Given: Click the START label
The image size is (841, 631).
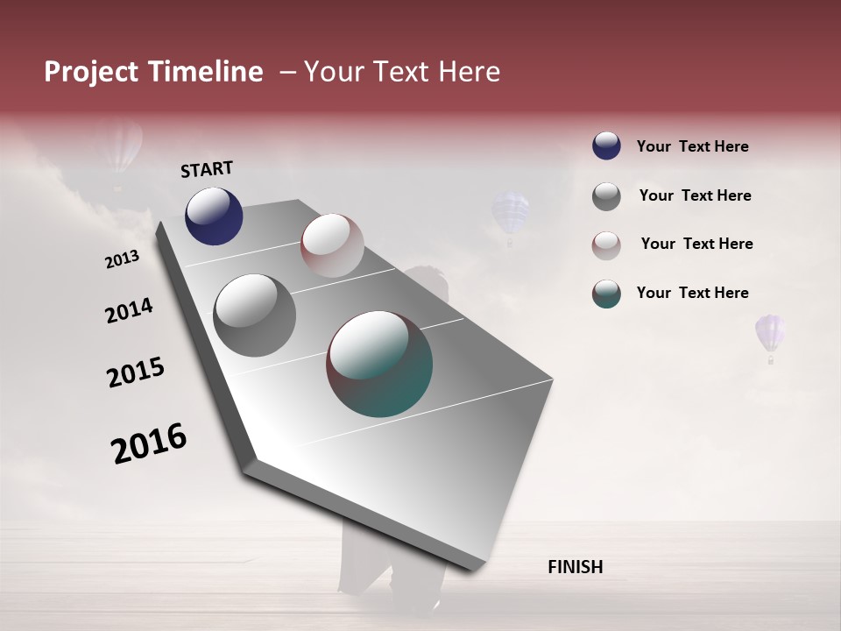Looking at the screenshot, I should [x=207, y=169].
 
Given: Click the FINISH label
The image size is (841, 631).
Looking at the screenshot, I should [x=575, y=567].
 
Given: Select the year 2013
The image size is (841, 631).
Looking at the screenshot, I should [x=122, y=259].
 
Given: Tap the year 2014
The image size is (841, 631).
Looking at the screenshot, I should [x=129, y=310].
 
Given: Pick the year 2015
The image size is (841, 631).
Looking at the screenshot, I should [x=136, y=372].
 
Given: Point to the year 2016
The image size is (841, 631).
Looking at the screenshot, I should [x=149, y=443].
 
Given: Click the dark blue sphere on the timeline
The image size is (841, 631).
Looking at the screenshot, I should [x=214, y=216].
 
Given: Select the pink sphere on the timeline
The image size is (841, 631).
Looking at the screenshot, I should [x=332, y=245].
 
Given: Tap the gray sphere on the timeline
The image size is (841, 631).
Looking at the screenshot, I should [x=254, y=315].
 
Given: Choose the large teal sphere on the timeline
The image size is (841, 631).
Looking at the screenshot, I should [x=379, y=364].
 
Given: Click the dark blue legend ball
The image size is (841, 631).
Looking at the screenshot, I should [x=606, y=146].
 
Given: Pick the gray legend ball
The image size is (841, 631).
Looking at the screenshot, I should [x=606, y=196].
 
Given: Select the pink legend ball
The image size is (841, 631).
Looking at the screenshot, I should [x=606, y=245].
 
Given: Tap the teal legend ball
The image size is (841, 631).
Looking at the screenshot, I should [x=606, y=294].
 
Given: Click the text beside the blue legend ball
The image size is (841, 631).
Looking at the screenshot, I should [x=692, y=147].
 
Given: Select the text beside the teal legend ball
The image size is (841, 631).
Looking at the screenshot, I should [x=692, y=293].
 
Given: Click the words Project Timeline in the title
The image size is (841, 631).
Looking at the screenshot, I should [x=153, y=72].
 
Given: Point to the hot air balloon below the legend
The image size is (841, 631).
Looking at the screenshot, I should [x=770, y=337].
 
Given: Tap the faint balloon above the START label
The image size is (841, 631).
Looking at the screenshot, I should [x=120, y=149].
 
